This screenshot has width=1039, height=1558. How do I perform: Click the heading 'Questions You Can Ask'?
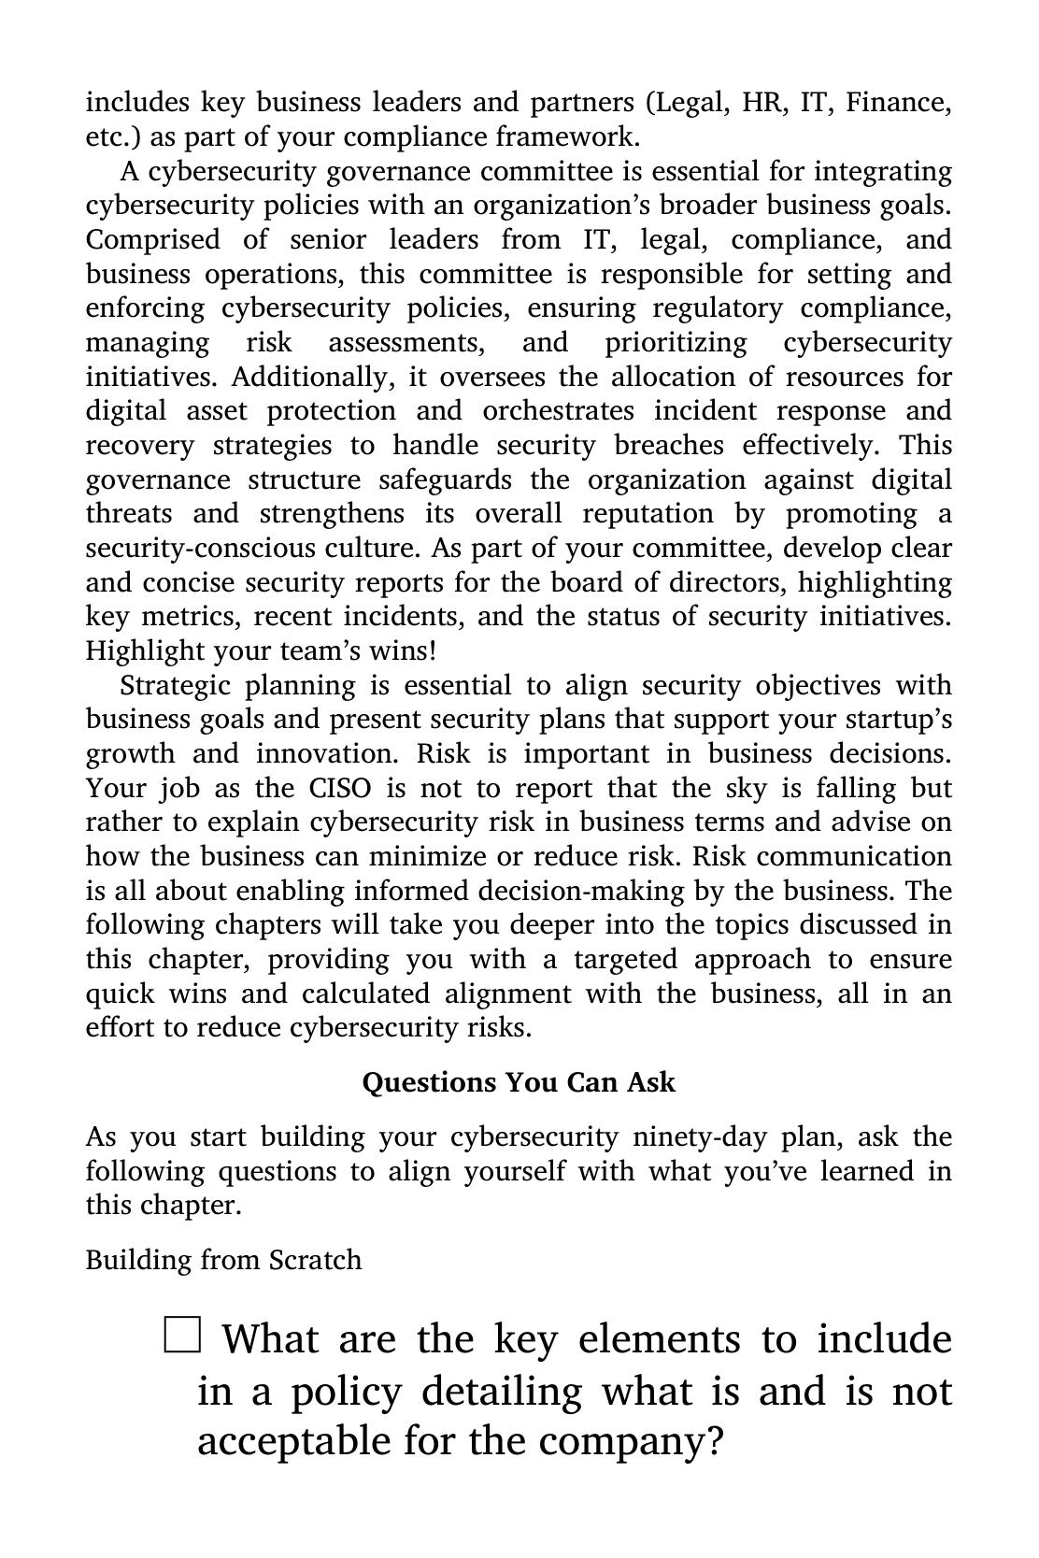(519, 1082)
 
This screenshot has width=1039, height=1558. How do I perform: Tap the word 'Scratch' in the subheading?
(315, 1260)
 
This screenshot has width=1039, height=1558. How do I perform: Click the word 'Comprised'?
(152, 239)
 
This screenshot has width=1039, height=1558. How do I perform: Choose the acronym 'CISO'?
(339, 788)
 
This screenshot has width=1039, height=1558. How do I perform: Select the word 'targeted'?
(625, 960)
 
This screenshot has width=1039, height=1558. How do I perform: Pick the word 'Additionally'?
(308, 377)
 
